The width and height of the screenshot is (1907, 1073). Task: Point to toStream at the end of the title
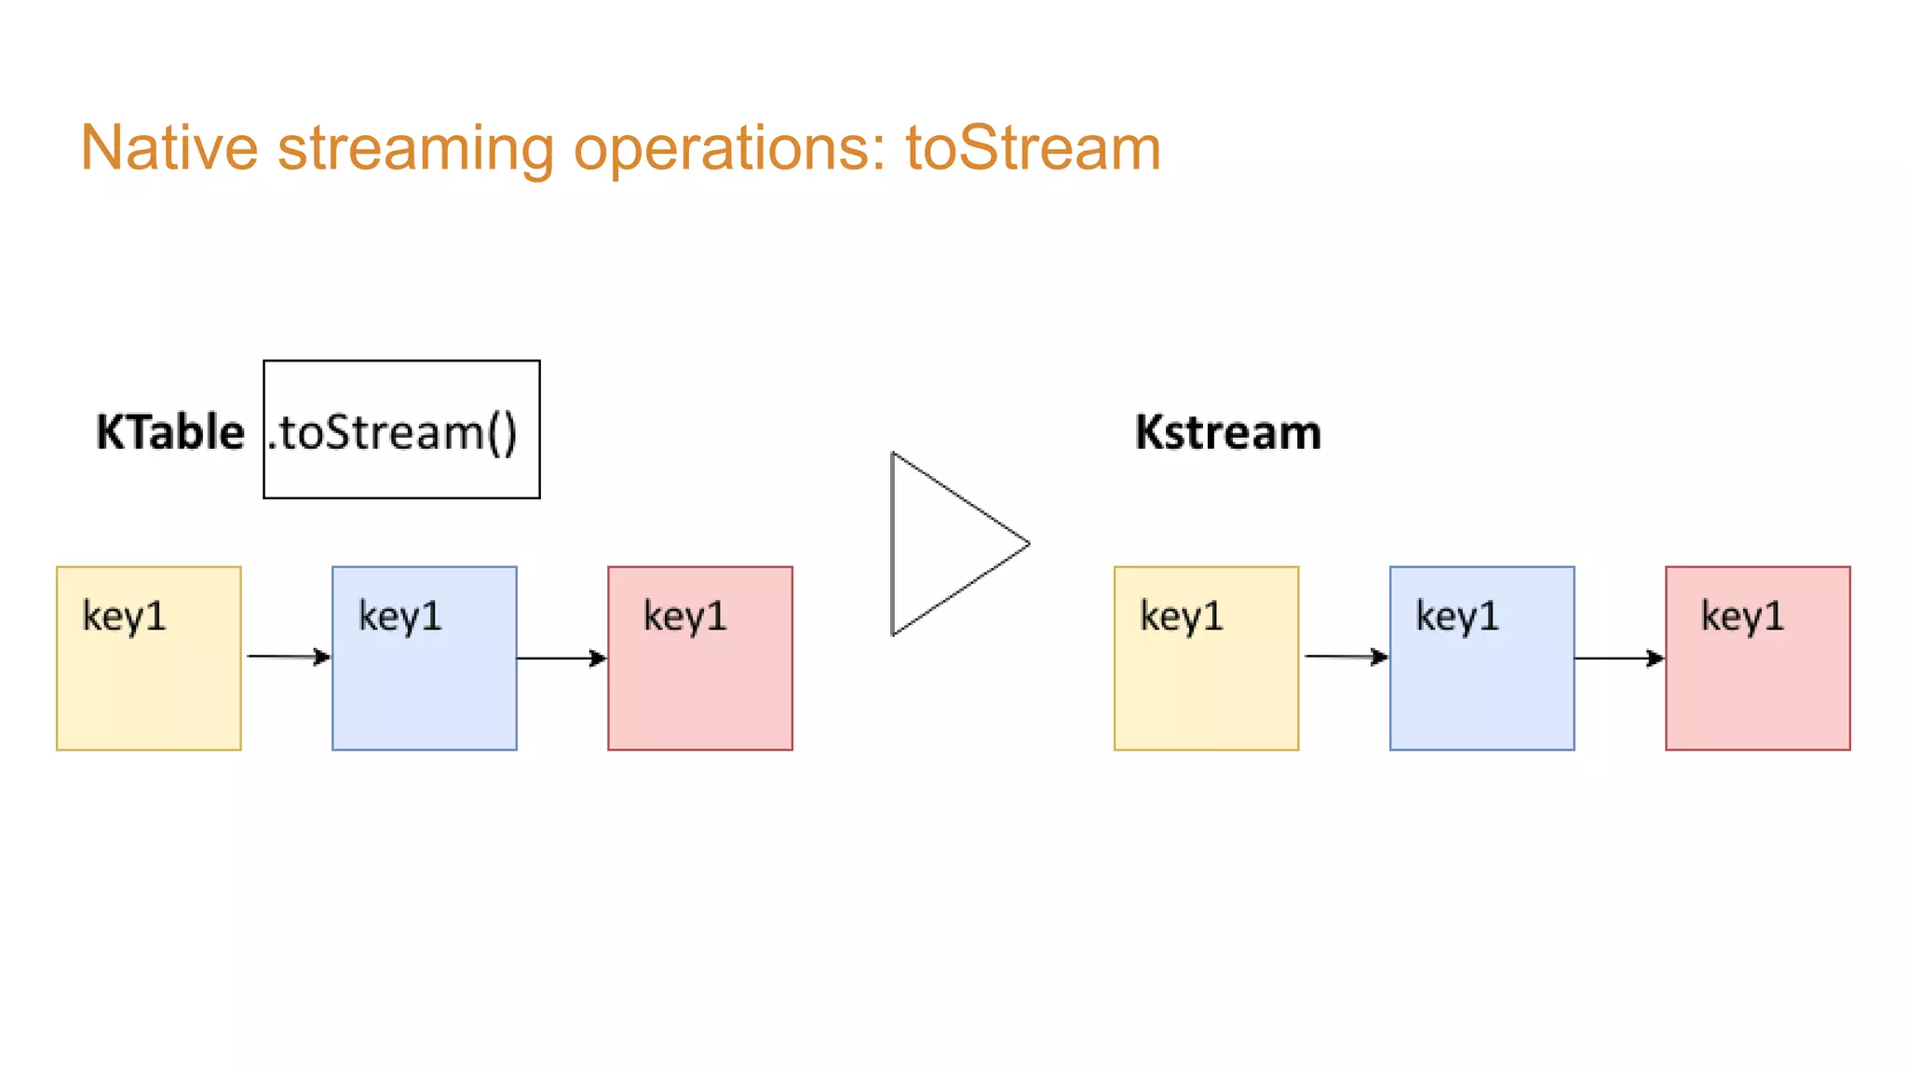[x=1033, y=148]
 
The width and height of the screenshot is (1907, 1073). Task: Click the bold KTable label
[x=170, y=432]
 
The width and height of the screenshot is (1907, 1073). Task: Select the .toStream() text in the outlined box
[x=394, y=432]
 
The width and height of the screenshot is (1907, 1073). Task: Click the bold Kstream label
[x=1227, y=432]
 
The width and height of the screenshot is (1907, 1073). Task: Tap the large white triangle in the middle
[x=940, y=545]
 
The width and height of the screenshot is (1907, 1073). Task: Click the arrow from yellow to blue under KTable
[x=287, y=657]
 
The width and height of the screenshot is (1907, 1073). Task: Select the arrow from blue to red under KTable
[x=561, y=659]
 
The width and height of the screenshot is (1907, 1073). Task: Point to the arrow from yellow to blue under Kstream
[x=1345, y=657]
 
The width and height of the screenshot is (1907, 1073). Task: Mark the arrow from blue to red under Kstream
[x=1619, y=659]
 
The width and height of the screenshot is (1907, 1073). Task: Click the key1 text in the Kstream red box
[x=1742, y=616]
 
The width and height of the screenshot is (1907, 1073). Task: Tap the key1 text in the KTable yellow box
[x=124, y=616]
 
